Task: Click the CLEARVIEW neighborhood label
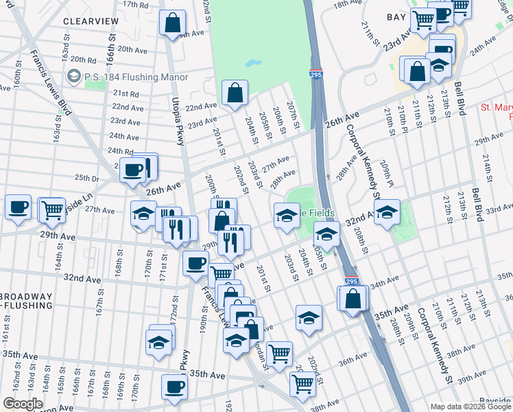pyautogui.click(x=91, y=21)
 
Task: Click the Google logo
pyautogui.click(x=23, y=404)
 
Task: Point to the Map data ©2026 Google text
pyautogui.click(x=470, y=407)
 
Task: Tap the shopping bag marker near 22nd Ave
pyautogui.click(x=235, y=93)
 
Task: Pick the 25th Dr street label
pyautogui.click(x=86, y=178)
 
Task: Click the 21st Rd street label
pyautogui.click(x=126, y=93)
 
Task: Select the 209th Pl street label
pyautogui.click(x=388, y=175)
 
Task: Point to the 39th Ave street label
pyautogui.click(x=472, y=378)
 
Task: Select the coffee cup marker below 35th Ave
pyautogui.click(x=174, y=387)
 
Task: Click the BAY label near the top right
pyautogui.click(x=396, y=17)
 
